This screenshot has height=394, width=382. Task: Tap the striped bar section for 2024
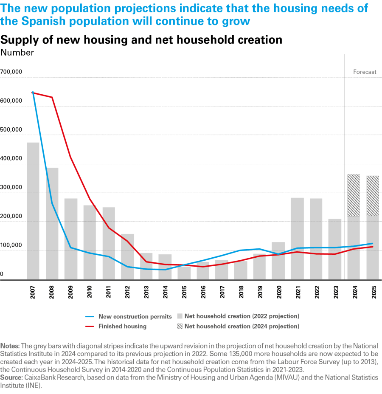[353, 195]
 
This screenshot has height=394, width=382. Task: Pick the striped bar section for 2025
[372, 196]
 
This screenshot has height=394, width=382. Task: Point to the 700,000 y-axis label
[11, 72]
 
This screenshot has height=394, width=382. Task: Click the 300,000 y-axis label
[11, 187]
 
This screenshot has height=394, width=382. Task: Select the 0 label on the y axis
[2, 274]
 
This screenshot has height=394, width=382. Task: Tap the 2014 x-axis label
[164, 293]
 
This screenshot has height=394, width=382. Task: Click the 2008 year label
[52, 293]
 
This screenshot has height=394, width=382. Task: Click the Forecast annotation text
[365, 72]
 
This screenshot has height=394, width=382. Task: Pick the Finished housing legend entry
[122, 326]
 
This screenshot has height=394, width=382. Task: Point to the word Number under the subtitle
[17, 53]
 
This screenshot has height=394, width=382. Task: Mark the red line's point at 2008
[52, 97]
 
